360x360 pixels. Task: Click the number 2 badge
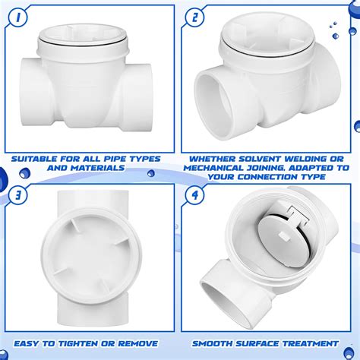point(197,17)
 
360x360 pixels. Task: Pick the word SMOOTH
point(213,343)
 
